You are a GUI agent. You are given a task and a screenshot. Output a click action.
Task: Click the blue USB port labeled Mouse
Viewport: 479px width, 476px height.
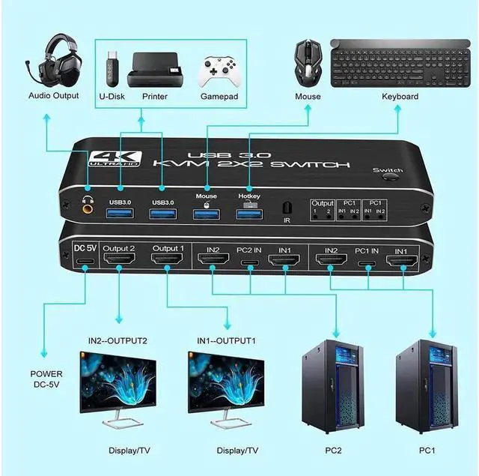click(x=206, y=214)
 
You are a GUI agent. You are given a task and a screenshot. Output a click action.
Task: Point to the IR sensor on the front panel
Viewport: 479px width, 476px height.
click(x=286, y=207)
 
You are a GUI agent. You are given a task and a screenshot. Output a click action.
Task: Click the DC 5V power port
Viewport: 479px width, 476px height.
click(x=84, y=262)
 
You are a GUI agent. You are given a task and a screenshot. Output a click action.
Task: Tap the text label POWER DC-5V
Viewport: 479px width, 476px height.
click(x=47, y=379)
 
